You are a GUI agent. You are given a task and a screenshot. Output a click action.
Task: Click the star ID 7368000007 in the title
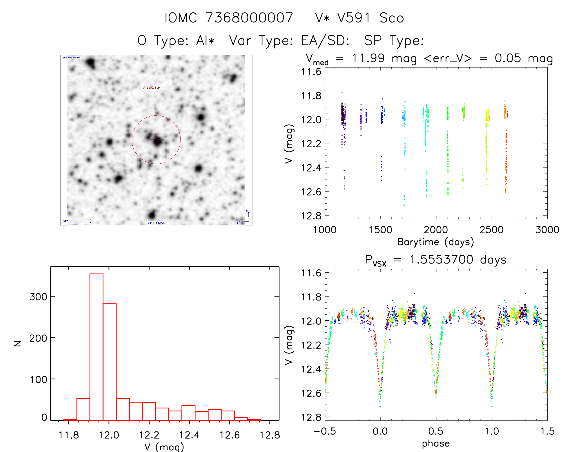249,18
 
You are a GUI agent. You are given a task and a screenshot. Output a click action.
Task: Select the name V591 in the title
354,18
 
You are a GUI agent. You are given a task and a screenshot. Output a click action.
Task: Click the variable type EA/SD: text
325,41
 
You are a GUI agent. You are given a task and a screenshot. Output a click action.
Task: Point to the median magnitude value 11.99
368,58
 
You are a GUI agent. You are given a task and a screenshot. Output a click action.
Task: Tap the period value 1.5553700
441,260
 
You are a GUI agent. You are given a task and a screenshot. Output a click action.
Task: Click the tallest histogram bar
96,347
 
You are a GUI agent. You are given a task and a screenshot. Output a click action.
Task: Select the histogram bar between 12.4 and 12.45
188,413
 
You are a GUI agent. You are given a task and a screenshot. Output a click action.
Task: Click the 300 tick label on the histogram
38,296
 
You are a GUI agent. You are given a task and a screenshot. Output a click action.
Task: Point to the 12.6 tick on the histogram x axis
229,435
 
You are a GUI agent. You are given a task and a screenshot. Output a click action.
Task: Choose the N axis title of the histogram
18,343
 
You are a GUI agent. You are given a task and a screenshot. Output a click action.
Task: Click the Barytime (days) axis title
436,242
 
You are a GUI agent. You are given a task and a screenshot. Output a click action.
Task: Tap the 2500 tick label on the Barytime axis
492,230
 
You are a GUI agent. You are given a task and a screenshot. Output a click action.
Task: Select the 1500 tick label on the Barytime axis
380,230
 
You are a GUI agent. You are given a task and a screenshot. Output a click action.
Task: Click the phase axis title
436,443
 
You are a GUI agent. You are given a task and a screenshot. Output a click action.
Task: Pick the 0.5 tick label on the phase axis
436,431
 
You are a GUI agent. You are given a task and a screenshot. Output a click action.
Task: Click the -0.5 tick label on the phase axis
325,431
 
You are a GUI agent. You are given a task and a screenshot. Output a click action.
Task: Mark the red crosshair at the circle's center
157,140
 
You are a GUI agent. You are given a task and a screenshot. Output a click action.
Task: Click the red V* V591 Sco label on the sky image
151,87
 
